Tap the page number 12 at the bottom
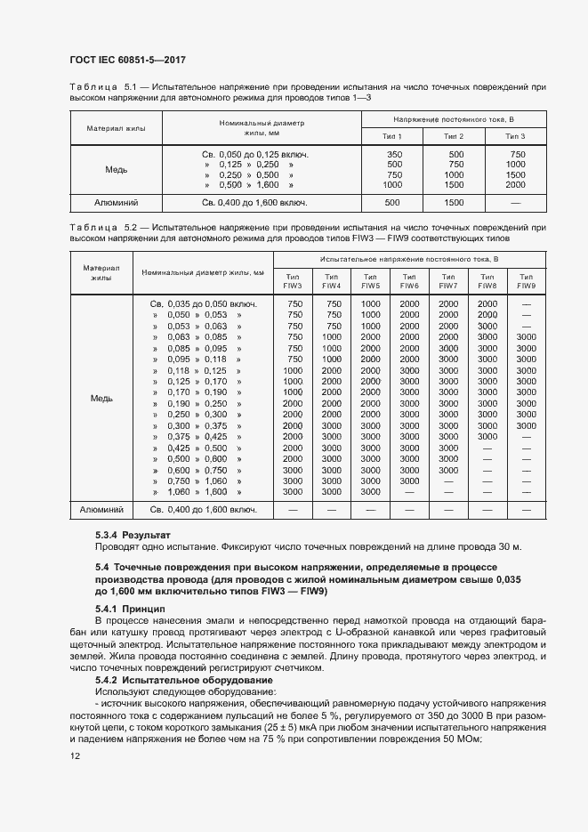(75, 755)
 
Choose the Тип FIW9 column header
(526, 281)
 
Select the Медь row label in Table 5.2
(102, 398)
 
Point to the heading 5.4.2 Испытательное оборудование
(169, 679)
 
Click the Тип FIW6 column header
(409, 281)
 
